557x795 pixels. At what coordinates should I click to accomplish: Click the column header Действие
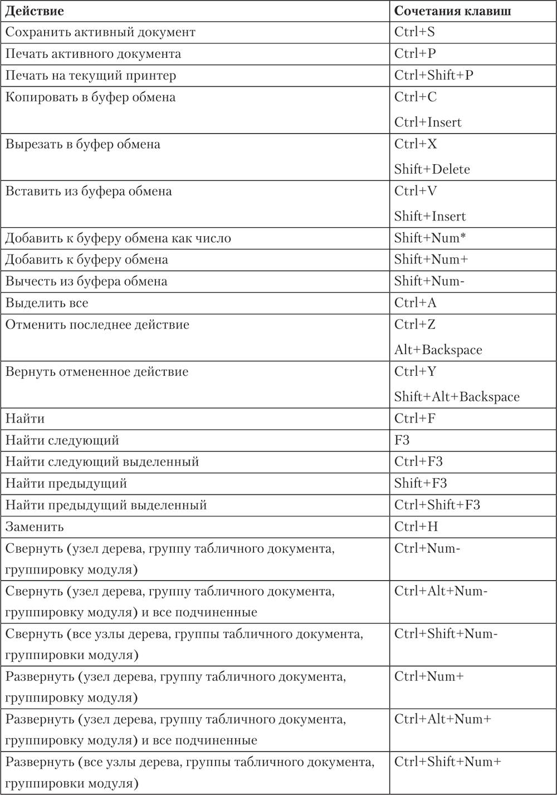tap(34, 11)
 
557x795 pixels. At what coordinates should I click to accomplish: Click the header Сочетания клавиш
tap(452, 11)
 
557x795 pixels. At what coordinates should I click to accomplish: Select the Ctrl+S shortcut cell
tap(414, 32)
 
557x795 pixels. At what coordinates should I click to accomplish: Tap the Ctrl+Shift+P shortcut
tap(433, 76)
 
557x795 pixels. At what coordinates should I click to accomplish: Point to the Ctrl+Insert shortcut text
tap(428, 122)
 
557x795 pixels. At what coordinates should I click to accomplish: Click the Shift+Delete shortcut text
tap(432, 169)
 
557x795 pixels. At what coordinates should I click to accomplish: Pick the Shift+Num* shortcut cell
tap(430, 238)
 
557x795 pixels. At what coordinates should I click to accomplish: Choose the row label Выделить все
tap(47, 303)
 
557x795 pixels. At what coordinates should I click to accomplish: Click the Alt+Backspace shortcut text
tap(438, 350)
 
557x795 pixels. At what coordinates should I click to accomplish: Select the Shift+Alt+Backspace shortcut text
tap(457, 397)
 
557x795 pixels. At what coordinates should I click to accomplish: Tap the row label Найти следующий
tap(62, 440)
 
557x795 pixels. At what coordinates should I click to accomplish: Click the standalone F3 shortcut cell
tap(402, 440)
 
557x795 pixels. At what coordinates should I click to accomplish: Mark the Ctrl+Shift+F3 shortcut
tap(437, 505)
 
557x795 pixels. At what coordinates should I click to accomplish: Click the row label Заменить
tap(35, 527)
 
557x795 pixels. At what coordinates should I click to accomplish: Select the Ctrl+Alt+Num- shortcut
tap(441, 591)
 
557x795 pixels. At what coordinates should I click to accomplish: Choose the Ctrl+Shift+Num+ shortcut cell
tap(448, 762)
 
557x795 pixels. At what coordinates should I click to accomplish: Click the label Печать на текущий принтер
tap(91, 76)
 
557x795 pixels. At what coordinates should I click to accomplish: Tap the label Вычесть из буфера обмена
tap(86, 282)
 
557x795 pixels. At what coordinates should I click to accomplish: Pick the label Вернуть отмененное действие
tap(97, 372)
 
